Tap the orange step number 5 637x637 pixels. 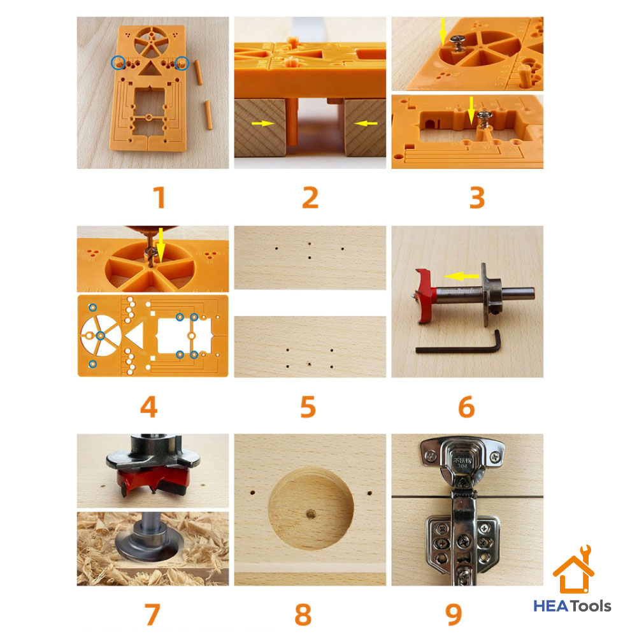[308, 406]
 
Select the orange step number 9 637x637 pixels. [454, 614]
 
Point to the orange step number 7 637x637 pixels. [151, 614]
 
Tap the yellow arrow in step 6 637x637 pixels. [462, 276]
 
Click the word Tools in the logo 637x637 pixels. [590, 606]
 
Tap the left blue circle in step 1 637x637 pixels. [117, 62]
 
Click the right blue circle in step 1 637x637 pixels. [182, 62]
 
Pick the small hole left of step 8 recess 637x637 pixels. [253, 493]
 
